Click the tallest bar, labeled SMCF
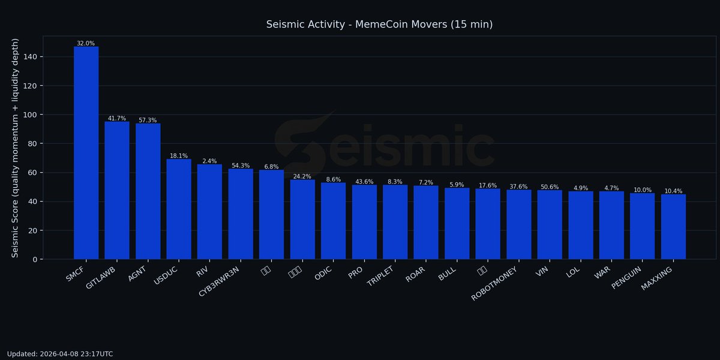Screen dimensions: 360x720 86,153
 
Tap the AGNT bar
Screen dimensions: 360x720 148,191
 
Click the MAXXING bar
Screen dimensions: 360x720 673,227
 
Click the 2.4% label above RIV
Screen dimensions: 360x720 209,161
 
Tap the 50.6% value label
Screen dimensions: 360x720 550,187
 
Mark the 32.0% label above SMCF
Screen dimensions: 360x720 86,43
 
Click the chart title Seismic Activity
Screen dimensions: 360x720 379,25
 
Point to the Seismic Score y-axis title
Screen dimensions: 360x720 16,148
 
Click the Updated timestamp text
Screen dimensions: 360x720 60,354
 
